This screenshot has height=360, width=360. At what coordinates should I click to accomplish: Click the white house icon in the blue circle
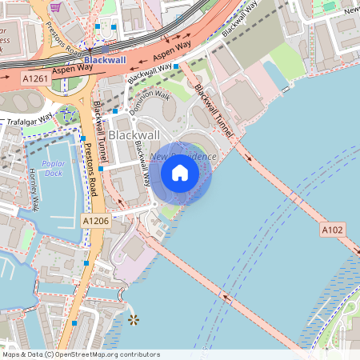180,173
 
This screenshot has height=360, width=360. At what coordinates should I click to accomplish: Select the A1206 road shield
95,218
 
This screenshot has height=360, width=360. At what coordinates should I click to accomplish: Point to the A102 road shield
332,230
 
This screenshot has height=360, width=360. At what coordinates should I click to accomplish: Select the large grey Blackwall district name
134,134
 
